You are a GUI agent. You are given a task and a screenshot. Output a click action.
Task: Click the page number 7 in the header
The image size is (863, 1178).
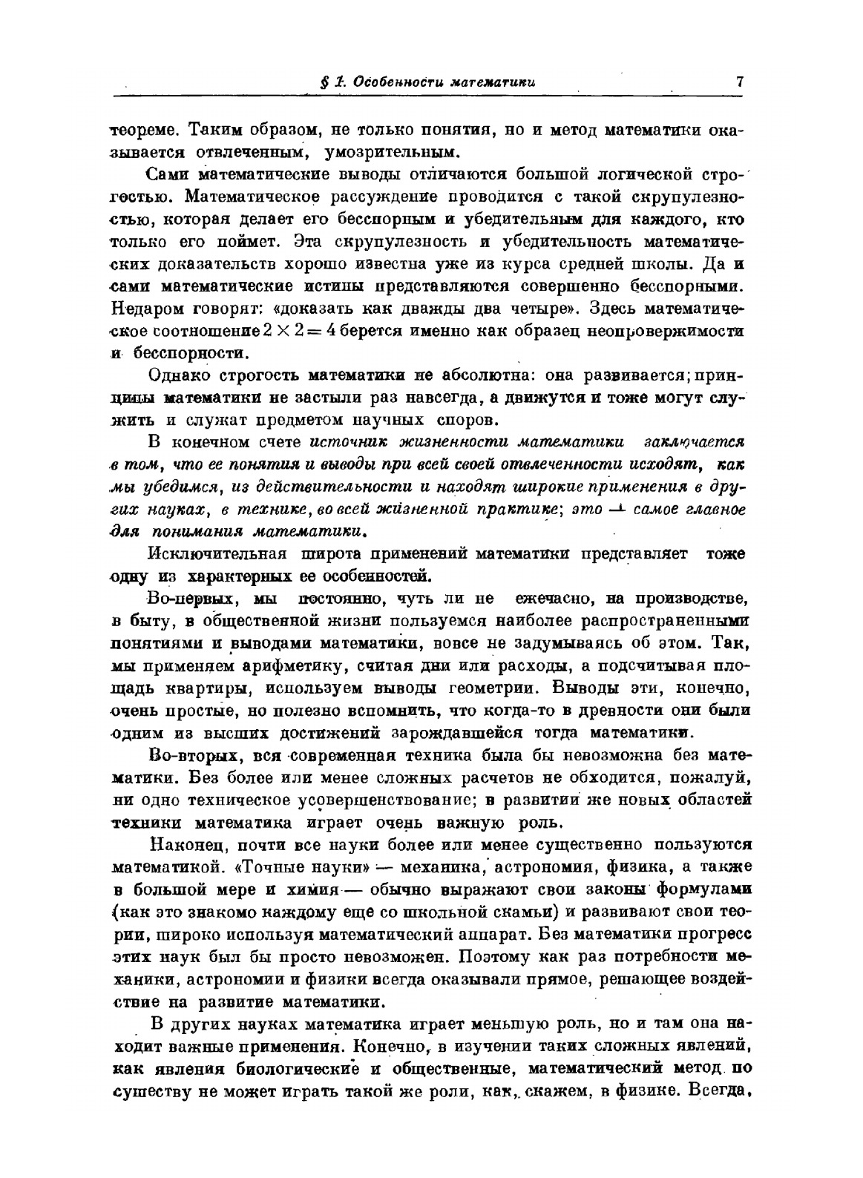pos(740,82)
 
